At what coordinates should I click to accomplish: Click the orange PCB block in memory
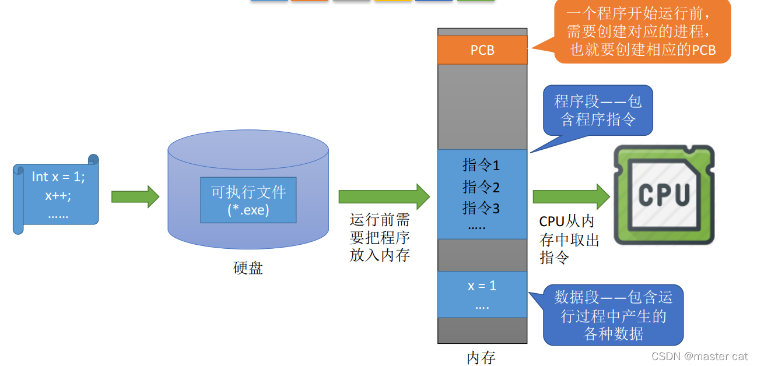[482, 50]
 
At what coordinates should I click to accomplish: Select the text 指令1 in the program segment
[481, 166]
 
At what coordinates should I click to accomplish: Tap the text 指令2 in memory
[481, 187]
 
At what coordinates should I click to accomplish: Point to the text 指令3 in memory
[481, 207]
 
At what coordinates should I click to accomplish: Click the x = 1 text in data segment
[482, 286]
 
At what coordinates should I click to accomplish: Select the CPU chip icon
[664, 195]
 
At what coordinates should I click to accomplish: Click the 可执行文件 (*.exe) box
[248, 200]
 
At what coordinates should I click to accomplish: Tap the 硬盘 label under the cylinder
[248, 268]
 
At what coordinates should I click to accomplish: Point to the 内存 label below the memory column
[481, 357]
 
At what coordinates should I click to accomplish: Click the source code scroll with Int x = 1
[57, 195]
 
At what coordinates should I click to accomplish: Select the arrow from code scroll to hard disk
[135, 197]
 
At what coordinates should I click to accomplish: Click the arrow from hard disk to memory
[384, 196]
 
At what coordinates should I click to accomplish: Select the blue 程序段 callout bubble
[598, 110]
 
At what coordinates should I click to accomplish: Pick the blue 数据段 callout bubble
[613, 315]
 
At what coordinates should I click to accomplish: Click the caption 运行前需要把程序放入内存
[380, 238]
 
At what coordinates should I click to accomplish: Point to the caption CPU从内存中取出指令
[569, 240]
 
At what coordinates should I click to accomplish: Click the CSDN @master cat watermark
[699, 356]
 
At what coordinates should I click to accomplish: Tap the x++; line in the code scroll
[58, 195]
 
